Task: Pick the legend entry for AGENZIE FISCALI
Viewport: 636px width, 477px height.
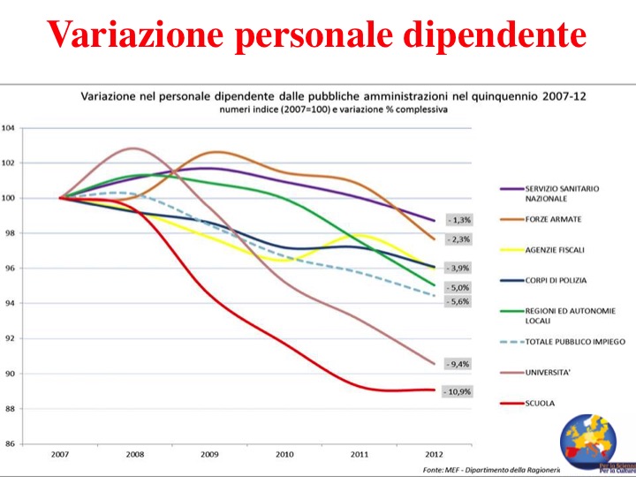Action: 554,250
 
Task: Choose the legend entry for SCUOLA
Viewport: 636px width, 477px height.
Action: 540,404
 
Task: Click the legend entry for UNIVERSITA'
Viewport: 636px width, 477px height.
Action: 548,373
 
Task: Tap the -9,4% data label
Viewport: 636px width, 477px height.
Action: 458,364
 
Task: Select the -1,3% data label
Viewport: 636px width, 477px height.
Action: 458,220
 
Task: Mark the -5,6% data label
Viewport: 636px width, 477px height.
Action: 458,302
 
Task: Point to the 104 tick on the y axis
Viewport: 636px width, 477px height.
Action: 8,128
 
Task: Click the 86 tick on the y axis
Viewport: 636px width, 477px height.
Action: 10,443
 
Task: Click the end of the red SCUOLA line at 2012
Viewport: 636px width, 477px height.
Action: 434,390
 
